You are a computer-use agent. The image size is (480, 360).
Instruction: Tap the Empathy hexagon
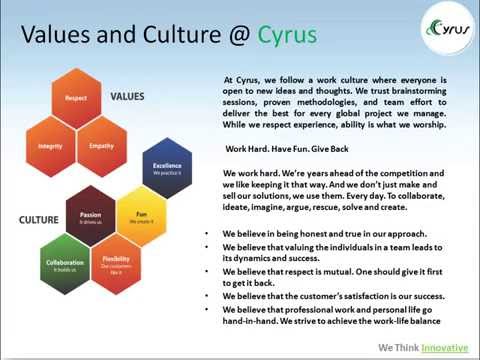(x=101, y=145)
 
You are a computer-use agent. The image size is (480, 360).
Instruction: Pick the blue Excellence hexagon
(x=166, y=169)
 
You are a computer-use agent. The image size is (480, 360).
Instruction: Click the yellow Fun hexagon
(x=141, y=217)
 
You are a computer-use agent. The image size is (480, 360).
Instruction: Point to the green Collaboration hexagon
(x=63, y=264)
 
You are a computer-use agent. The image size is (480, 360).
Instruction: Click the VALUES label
(x=127, y=97)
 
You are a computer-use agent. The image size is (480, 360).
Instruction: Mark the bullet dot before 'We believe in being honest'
(x=205, y=232)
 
